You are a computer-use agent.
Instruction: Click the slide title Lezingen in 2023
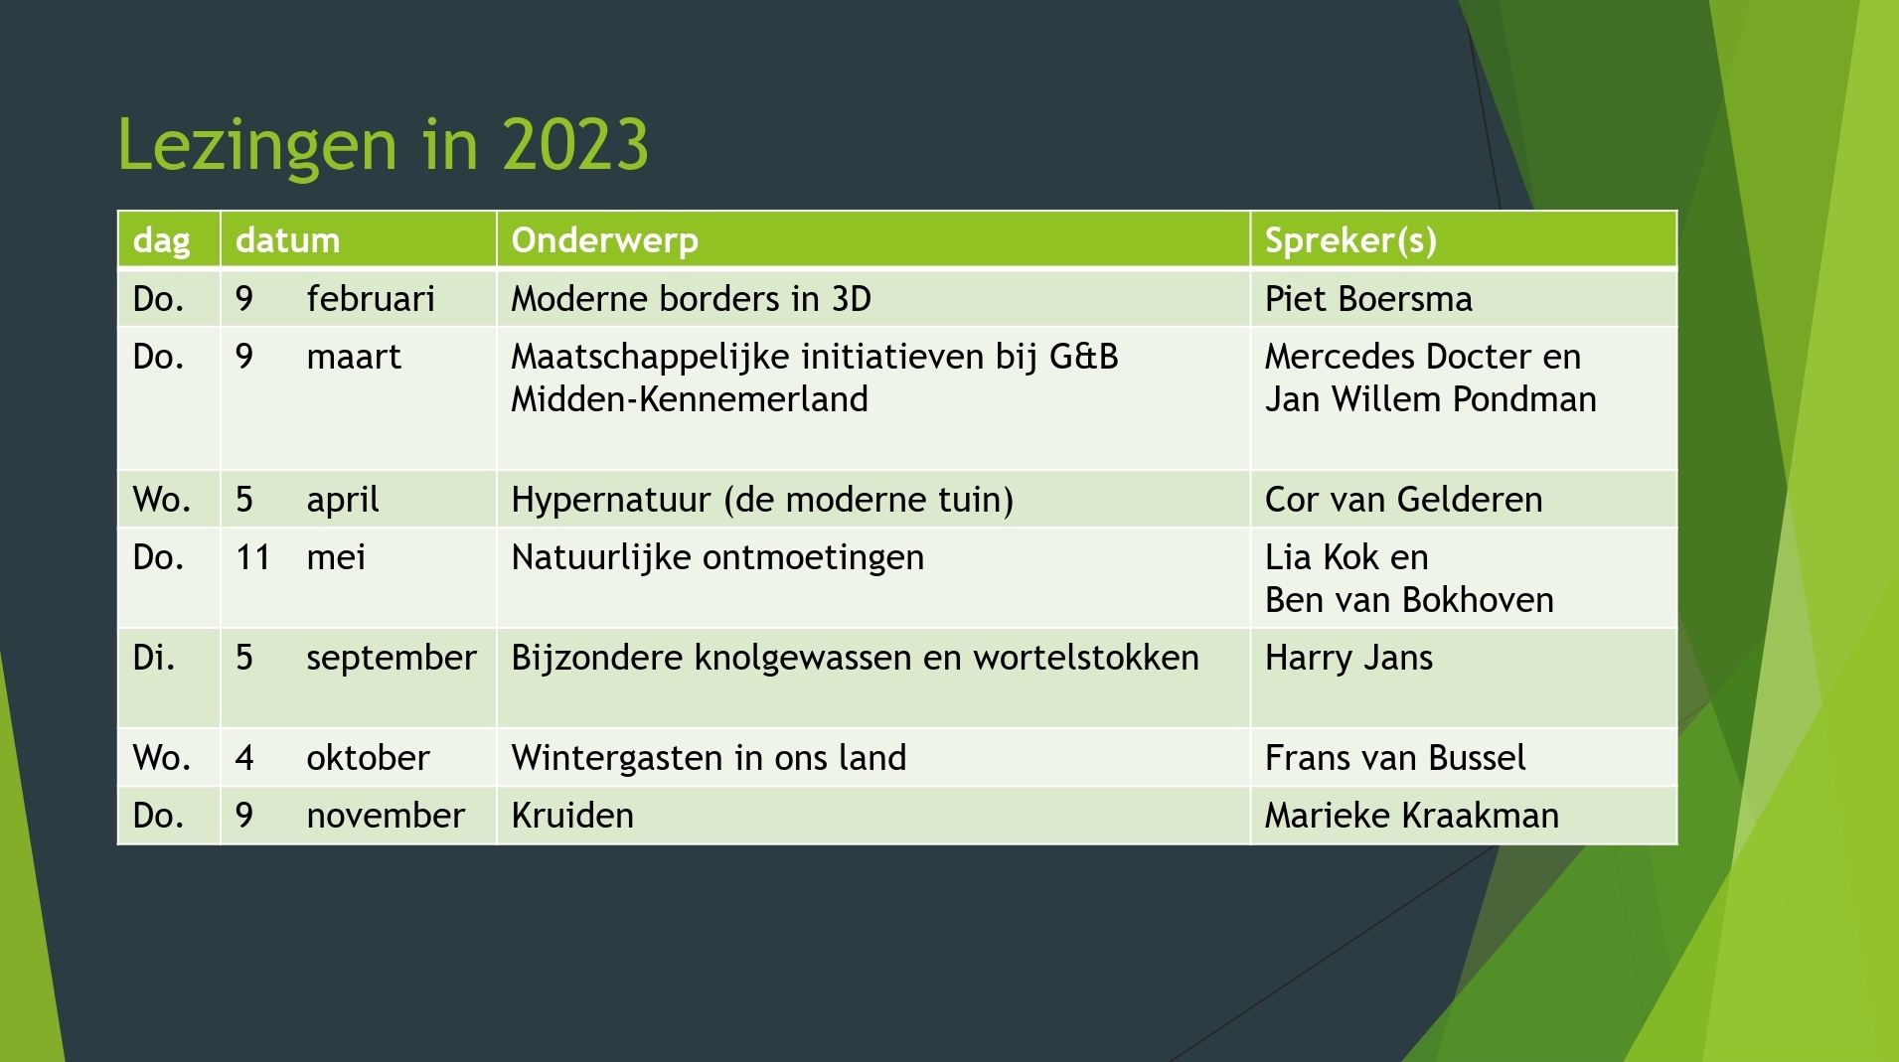click(383, 145)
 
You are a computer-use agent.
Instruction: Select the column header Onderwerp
click(604, 240)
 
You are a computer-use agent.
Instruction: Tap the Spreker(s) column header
click(1350, 240)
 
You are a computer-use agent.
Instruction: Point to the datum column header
click(287, 240)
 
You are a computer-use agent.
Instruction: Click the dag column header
click(161, 241)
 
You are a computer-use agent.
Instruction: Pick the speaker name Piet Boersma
click(1368, 299)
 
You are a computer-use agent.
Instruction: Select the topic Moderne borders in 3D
click(691, 299)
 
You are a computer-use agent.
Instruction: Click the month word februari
click(371, 299)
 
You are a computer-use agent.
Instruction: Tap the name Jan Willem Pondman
click(1430, 399)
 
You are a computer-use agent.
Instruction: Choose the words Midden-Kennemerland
click(690, 399)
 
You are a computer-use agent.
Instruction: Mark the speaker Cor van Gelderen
click(1403, 500)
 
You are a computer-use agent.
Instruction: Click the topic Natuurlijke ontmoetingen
click(717, 557)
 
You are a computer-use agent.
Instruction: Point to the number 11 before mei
click(252, 557)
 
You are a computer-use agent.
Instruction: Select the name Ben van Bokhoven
click(1409, 600)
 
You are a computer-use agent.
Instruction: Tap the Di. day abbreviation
click(154, 658)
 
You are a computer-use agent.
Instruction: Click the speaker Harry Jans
click(1348, 658)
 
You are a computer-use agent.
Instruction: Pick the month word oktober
click(368, 758)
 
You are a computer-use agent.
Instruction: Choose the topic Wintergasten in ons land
click(709, 758)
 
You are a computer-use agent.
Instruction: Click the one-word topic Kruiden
click(572, 816)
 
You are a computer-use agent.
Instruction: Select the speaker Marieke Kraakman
click(1412, 816)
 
